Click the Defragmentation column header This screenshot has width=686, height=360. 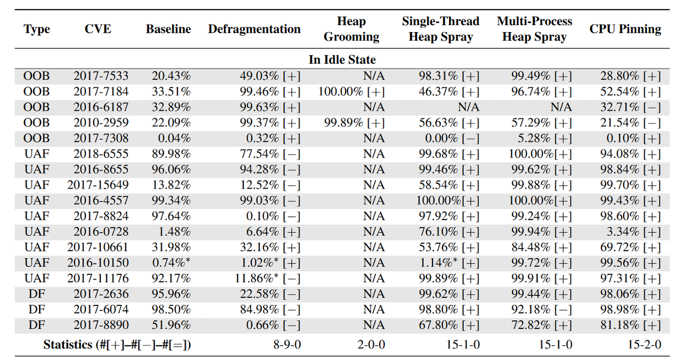coord(254,29)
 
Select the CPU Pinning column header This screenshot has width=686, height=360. coord(625,29)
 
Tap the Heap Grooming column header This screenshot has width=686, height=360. coord(351,29)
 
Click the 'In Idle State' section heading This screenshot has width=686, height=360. coord(342,59)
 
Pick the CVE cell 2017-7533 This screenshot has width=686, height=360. coord(101,76)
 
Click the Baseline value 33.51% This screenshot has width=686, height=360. coord(171,92)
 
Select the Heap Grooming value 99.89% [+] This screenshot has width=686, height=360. coord(354,123)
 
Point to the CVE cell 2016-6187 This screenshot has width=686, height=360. coord(101,107)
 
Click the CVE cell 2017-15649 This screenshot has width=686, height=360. coord(98,185)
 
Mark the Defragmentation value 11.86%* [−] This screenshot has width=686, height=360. coord(267,278)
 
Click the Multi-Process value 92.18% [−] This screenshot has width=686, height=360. coord(541,310)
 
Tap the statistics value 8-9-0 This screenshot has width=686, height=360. coord(287,344)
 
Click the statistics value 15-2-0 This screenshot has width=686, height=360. coord(644,344)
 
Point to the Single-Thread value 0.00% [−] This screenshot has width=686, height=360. coord(452,138)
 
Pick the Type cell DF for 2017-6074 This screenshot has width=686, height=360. coord(37,310)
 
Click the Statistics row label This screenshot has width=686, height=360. coord(117,344)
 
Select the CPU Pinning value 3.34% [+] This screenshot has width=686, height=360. coord(633,232)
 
